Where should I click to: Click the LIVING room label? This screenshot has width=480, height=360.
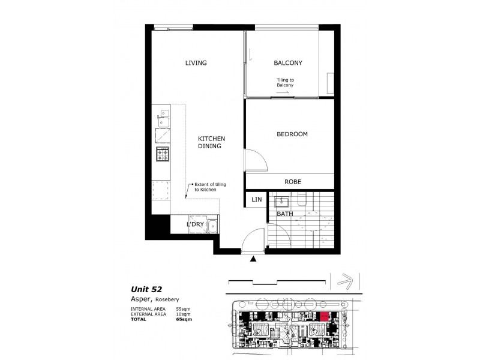(x=196, y=63)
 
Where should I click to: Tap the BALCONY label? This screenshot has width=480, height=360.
(x=287, y=63)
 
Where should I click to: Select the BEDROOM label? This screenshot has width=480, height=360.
(x=292, y=134)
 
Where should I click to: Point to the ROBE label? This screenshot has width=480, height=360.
(x=293, y=182)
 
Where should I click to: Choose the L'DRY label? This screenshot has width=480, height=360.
(x=196, y=224)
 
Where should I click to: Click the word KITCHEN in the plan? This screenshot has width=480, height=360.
(x=211, y=139)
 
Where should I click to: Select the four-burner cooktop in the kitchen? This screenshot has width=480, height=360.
(x=163, y=154)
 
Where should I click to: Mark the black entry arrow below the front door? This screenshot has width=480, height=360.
(x=253, y=259)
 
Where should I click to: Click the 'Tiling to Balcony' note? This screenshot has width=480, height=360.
(x=284, y=83)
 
